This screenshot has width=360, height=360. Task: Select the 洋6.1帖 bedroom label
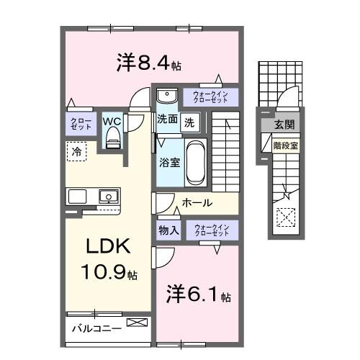pyautogui.click(x=199, y=294)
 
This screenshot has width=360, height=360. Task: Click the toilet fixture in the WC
pyautogui.click(x=112, y=139)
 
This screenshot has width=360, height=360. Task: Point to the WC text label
pyautogui.click(x=112, y=120)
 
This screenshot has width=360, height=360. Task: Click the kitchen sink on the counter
pyautogui.click(x=108, y=196)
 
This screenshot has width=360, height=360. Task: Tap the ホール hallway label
pyautogui.click(x=196, y=203)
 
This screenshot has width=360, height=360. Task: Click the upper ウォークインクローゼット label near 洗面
pyautogui.click(x=210, y=96)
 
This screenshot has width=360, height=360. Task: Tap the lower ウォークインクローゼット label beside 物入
pyautogui.click(x=211, y=230)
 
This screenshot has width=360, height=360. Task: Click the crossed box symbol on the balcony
pyautogui.click(x=135, y=324)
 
